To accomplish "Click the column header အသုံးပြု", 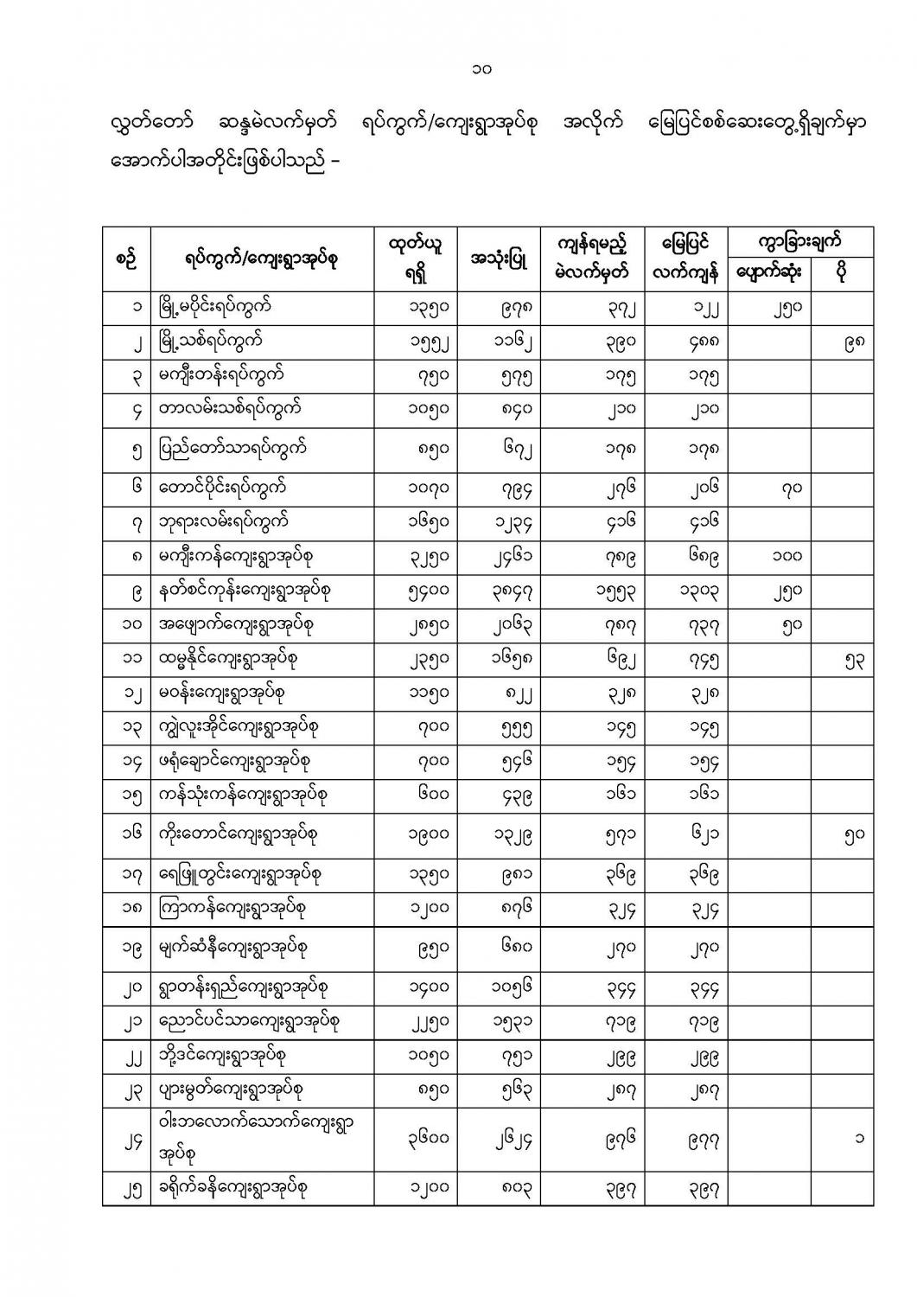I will coord(500,259).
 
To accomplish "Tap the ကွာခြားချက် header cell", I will coord(800,241).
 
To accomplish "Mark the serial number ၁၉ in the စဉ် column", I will coord(125,947).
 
